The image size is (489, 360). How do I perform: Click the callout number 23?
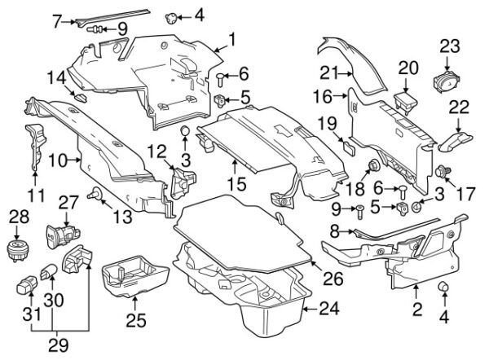pos(450,46)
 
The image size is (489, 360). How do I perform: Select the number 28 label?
pos(17,215)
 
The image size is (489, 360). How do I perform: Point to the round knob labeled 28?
pos(17,247)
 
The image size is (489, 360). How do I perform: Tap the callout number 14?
pos(56,78)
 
